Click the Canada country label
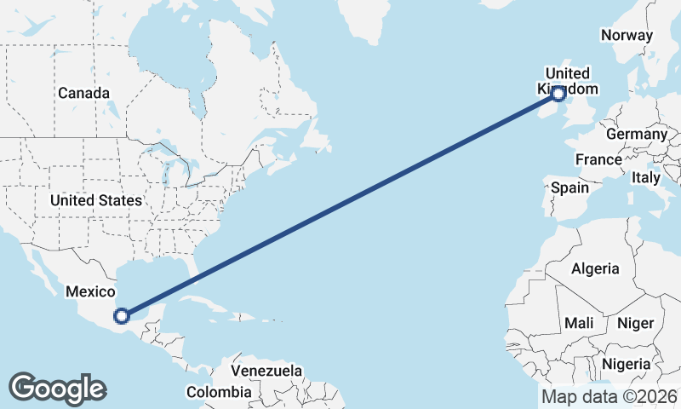point(83,93)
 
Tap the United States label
point(95,201)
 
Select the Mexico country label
point(90,291)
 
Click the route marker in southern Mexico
point(122,315)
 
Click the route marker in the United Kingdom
point(558,94)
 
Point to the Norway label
point(627,36)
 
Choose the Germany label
point(637,135)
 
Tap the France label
point(598,160)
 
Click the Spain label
point(569,187)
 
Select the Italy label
point(645,178)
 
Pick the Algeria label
point(595,269)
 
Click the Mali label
point(579,324)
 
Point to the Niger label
point(634,324)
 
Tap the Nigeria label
point(626,365)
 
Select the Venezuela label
point(266,372)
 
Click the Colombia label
point(220,393)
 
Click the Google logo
point(57,389)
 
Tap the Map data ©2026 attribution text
point(609,397)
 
